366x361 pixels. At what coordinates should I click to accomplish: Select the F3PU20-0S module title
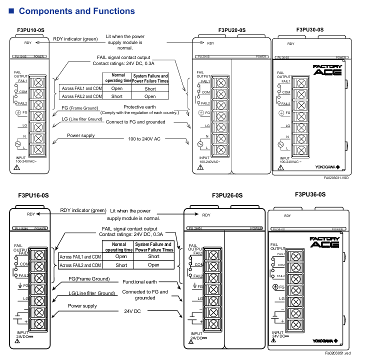pyautogui.click(x=232, y=30)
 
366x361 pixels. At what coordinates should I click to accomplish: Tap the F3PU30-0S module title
pyautogui.click(x=310, y=30)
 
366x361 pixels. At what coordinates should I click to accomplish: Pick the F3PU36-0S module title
pyautogui.click(x=310, y=194)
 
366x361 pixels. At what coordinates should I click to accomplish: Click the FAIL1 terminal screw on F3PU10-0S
pyautogui.click(x=38, y=82)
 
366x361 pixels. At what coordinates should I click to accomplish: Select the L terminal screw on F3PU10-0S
pyautogui.click(x=38, y=149)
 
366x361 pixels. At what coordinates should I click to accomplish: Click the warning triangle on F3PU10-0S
pyautogui.click(x=17, y=168)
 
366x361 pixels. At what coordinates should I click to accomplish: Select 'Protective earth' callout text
pyautogui.click(x=140, y=107)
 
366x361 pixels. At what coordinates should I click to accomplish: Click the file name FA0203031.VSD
pyautogui.click(x=336, y=177)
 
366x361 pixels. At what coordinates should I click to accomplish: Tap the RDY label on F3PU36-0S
pyautogui.click(x=287, y=215)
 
